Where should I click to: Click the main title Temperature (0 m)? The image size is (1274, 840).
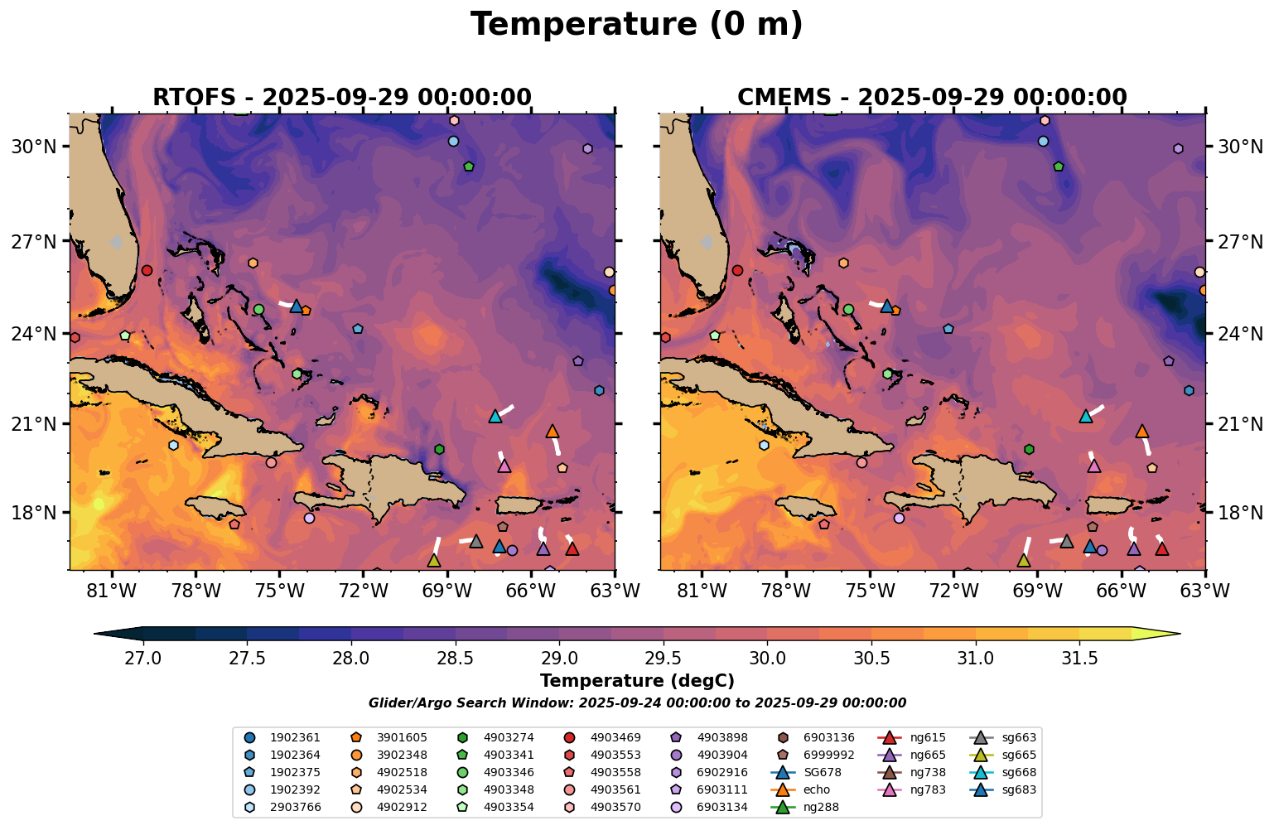[x=636, y=25]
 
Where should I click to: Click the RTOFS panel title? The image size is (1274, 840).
[x=341, y=98]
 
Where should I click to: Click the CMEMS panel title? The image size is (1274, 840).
[x=932, y=98]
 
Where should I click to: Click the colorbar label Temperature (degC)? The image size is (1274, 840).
[x=636, y=681]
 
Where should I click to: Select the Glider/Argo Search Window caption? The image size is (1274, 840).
[x=636, y=702]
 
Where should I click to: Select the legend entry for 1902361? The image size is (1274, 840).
[x=285, y=737]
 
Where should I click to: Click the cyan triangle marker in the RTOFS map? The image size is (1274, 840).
[x=495, y=416]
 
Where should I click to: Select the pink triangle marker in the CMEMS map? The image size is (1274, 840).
[x=1094, y=466]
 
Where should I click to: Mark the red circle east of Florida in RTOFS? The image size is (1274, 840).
[x=147, y=270]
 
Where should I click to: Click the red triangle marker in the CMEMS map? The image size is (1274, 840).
[x=1162, y=548]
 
